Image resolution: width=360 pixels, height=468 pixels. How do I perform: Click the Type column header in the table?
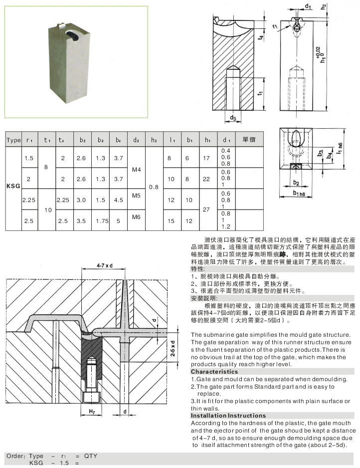13,140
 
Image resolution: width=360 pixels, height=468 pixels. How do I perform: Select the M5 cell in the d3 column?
136,196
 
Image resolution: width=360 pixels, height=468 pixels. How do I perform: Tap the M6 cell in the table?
136,217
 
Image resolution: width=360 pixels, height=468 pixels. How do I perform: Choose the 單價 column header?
249,140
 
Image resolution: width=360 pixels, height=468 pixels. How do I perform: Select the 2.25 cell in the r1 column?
29,200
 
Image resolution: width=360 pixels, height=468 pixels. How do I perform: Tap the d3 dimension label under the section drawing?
233,118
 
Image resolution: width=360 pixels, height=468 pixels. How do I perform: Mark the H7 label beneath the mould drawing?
92,411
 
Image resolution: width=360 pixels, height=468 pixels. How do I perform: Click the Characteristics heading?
214,372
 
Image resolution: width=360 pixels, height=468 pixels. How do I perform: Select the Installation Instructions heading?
228,415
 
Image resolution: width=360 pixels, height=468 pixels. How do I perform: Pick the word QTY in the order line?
91,456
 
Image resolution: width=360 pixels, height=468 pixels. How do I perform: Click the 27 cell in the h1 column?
207,210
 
